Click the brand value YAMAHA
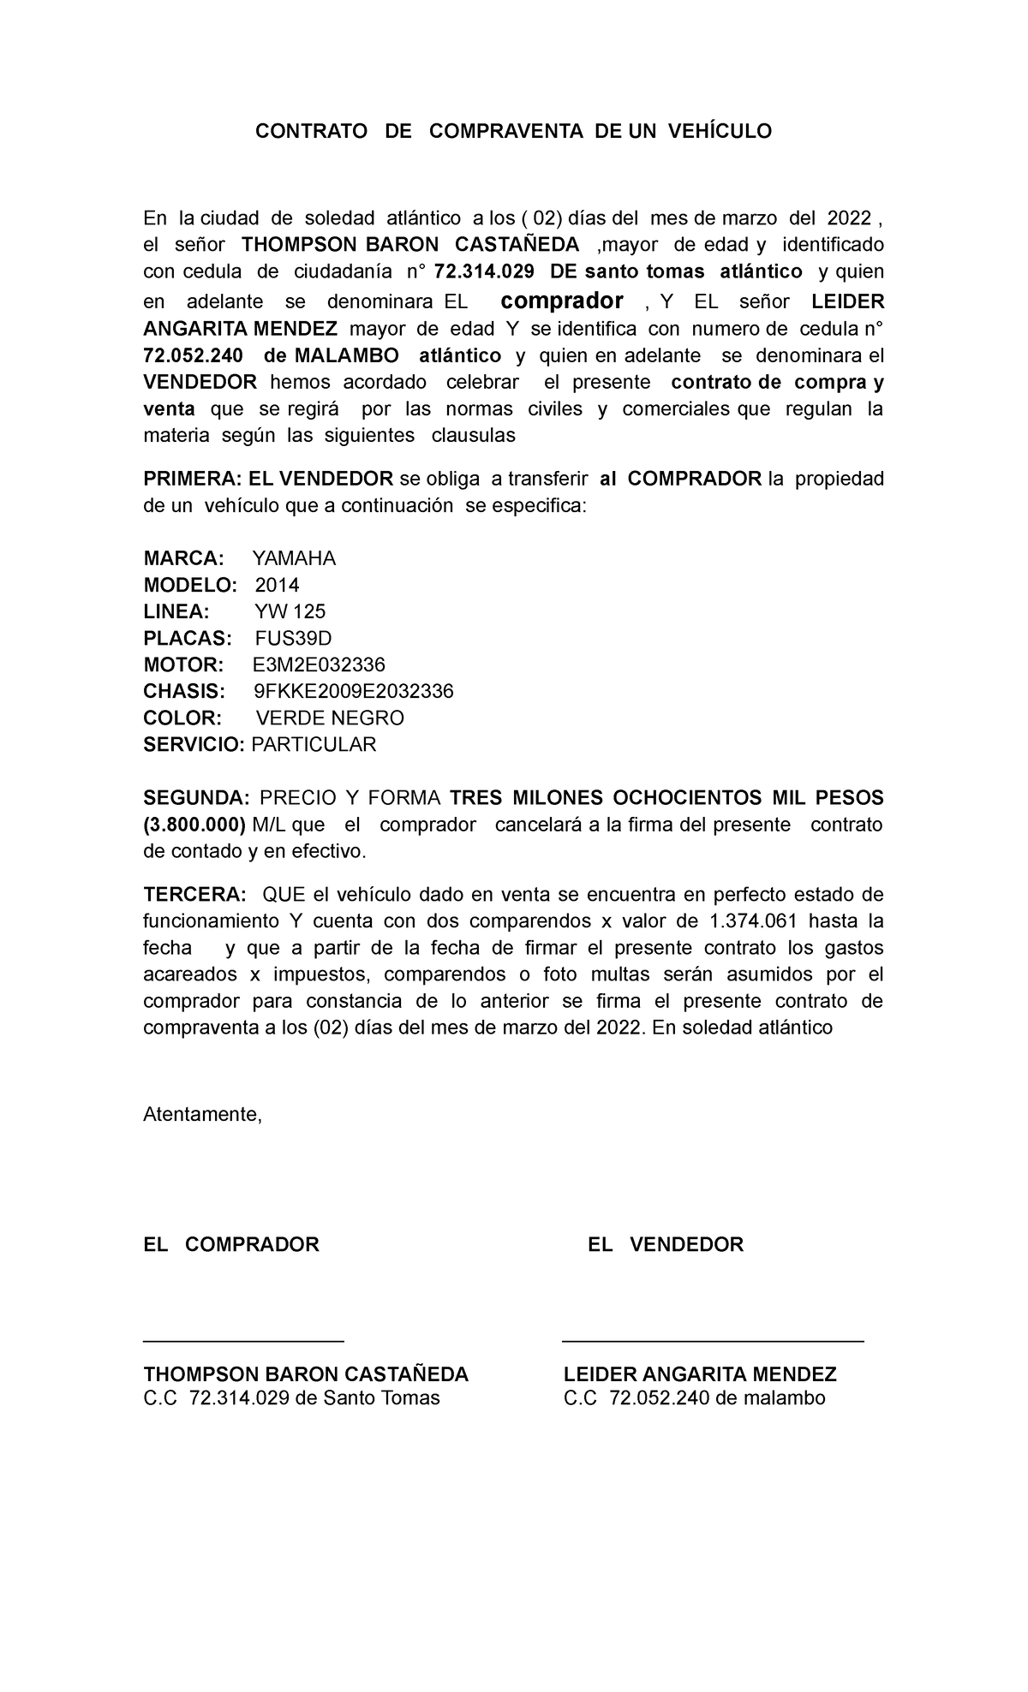click(x=294, y=559)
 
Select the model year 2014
click(x=278, y=586)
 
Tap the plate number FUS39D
click(x=293, y=639)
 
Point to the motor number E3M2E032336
click(x=319, y=665)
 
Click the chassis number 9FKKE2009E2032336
click(x=354, y=692)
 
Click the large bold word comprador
click(x=562, y=301)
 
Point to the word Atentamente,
click(x=202, y=1115)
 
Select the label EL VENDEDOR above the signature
click(x=665, y=1245)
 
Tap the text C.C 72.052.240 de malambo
click(x=694, y=1399)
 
